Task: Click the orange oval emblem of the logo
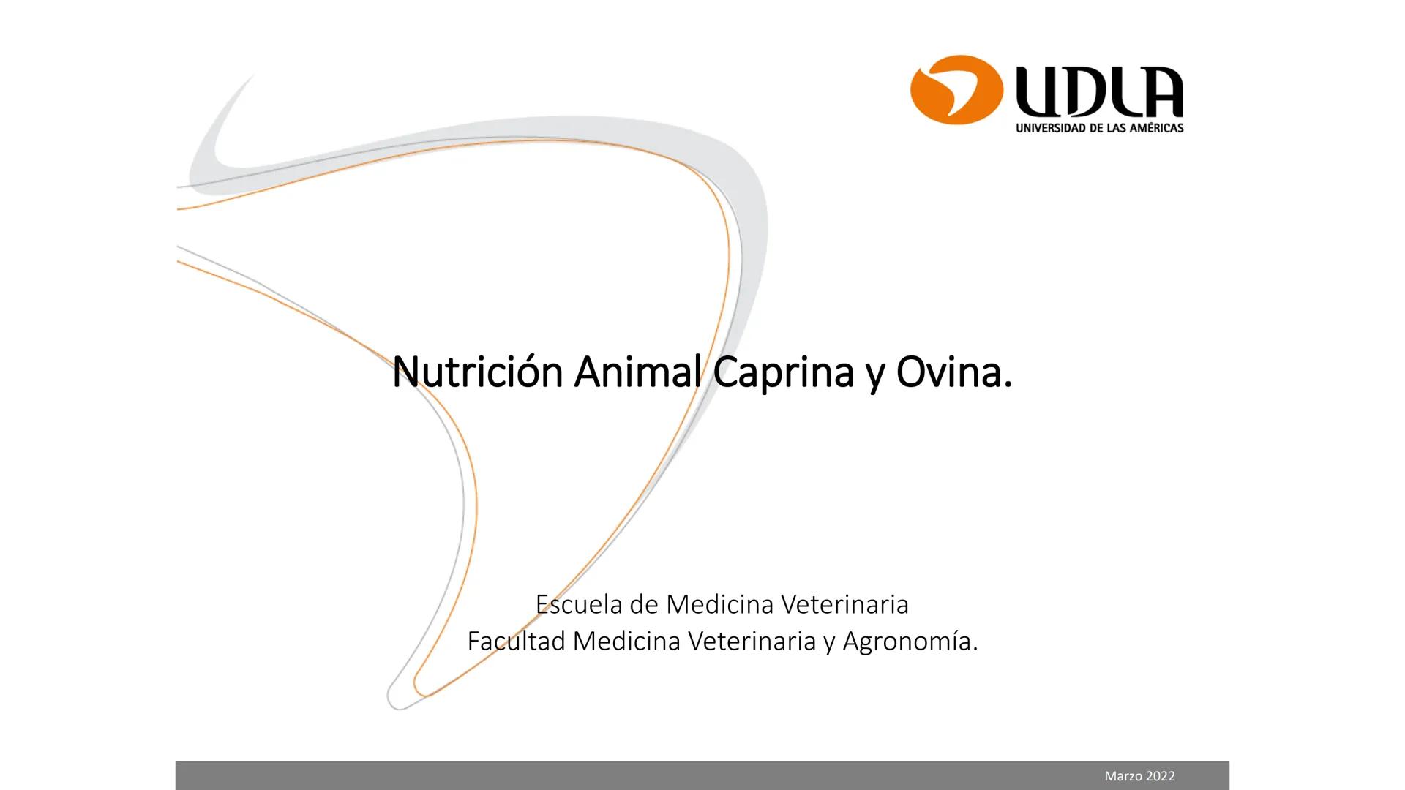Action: [x=956, y=90]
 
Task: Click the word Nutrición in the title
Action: [x=476, y=372]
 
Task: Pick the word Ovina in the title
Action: [x=953, y=372]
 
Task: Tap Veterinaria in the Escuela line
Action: [x=844, y=605]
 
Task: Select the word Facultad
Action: [x=516, y=642]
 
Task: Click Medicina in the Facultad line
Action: [x=626, y=642]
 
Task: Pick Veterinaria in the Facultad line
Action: [x=752, y=642]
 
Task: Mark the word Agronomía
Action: [x=910, y=642]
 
